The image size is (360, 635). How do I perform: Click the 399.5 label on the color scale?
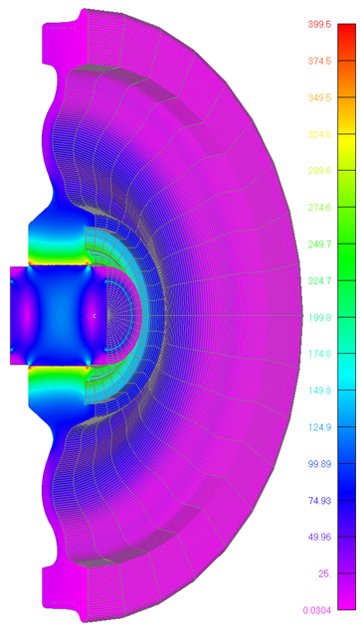point(320,24)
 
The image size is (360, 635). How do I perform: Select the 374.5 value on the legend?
point(320,61)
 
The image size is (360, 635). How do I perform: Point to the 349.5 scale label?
point(320,97)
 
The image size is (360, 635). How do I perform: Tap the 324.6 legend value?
point(320,134)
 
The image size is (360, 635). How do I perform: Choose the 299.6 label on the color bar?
point(320,171)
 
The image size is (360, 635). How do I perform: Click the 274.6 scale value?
point(320,208)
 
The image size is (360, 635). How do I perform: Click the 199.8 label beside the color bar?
point(320,317)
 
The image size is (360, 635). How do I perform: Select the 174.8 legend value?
point(320,354)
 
